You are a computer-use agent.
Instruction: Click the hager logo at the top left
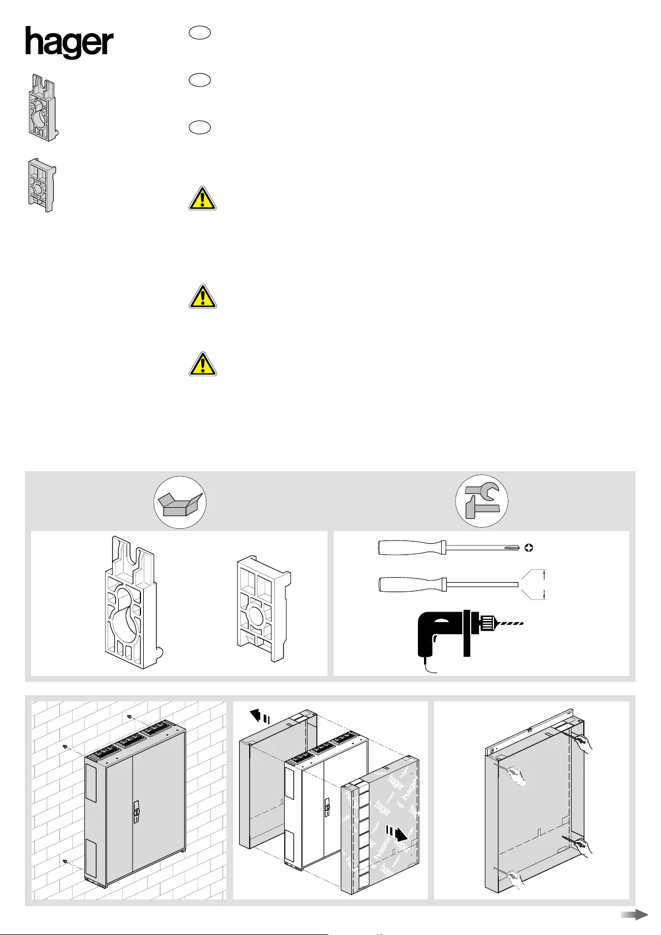[x=69, y=43]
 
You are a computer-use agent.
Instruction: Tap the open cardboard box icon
[x=180, y=502]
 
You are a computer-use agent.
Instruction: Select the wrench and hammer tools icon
[x=482, y=501]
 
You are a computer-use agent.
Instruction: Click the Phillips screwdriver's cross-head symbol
[x=529, y=548]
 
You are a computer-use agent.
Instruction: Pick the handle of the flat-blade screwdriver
[x=410, y=584]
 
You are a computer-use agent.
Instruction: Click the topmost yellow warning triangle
[x=202, y=198]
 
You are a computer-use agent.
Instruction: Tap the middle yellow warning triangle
[x=202, y=297]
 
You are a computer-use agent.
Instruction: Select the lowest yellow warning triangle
[x=202, y=363]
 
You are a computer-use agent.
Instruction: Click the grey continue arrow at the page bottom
[x=634, y=914]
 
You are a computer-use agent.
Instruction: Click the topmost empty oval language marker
[x=199, y=33]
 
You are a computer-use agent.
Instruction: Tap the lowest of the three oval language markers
[x=199, y=127]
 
